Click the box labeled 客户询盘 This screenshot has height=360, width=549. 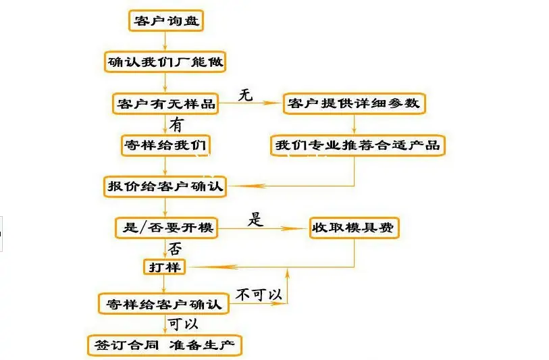click(x=165, y=20)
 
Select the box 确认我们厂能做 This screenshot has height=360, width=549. click(x=165, y=62)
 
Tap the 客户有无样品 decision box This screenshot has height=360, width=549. click(x=165, y=103)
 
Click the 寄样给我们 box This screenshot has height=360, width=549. click(x=165, y=145)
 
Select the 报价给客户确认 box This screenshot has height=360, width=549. click(x=165, y=186)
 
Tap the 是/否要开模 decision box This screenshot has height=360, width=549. click(x=165, y=228)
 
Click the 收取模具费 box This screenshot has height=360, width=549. click(x=355, y=228)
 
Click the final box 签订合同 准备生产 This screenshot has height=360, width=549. click(x=164, y=345)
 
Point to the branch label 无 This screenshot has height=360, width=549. click(x=246, y=95)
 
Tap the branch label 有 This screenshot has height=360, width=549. click(x=176, y=125)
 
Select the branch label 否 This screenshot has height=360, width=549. click(x=175, y=248)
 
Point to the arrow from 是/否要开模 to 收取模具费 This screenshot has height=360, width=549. click(x=263, y=228)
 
